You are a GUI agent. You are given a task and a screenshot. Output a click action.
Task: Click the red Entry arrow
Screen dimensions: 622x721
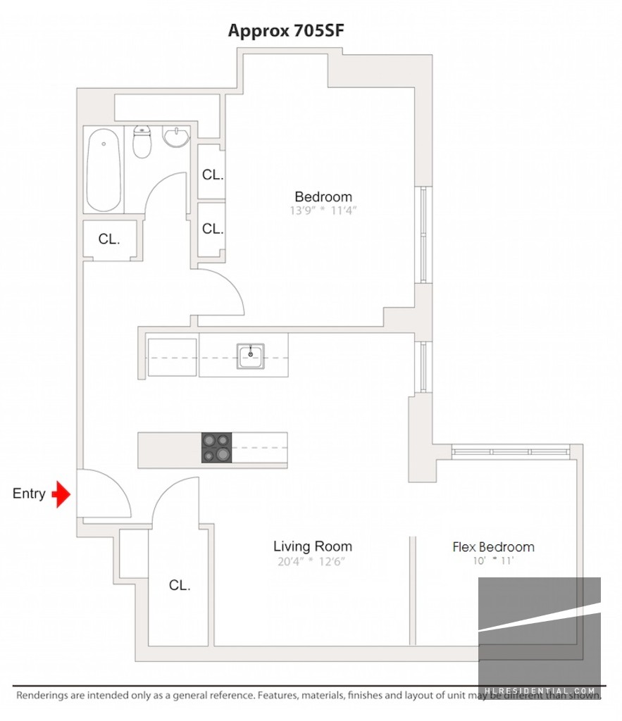coord(63,494)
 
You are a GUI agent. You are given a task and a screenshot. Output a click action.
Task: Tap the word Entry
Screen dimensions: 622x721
coord(29,494)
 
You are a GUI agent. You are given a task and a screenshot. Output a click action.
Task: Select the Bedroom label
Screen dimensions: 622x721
coord(323,196)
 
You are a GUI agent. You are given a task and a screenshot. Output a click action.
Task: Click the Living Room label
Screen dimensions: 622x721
coord(313,546)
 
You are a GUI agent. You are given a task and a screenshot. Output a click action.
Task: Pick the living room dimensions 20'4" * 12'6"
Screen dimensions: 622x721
coord(313,561)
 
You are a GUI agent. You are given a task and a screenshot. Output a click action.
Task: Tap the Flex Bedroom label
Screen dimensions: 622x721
coord(493,547)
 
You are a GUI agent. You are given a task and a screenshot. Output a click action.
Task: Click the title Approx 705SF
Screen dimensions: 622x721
coord(285,31)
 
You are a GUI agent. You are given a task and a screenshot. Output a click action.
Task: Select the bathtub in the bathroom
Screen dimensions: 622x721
coord(104,173)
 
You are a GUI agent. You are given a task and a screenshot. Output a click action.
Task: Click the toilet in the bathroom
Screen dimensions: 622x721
coord(142,142)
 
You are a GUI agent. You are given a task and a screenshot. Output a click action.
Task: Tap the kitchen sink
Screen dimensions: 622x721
coord(250,356)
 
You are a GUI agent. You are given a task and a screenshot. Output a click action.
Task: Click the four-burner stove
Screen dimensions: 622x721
coord(216,448)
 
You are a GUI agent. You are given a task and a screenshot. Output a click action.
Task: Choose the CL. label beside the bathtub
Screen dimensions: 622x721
coord(109,239)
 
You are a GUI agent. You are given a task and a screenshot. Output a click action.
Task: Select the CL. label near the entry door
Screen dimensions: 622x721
coord(180,585)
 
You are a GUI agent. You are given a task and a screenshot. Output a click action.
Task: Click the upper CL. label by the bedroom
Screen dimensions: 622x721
coord(213,175)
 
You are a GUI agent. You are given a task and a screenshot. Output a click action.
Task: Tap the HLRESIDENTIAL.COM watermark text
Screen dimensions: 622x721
coord(540,692)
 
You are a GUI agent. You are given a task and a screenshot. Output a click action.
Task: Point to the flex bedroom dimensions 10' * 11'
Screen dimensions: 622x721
coord(493,561)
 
